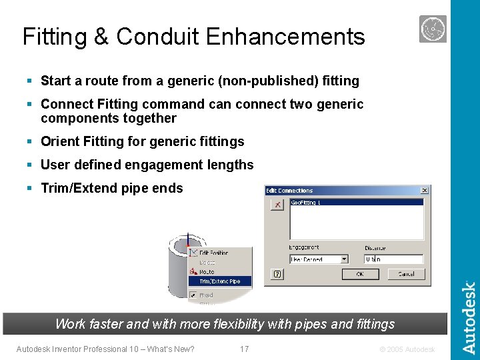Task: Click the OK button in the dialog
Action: click(x=360, y=274)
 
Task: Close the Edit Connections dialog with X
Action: click(x=424, y=191)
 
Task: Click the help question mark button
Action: click(x=277, y=274)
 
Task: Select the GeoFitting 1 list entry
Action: click(x=307, y=203)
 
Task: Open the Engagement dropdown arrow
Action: click(x=344, y=259)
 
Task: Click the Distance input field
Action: click(x=393, y=259)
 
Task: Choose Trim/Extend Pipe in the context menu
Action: click(x=219, y=281)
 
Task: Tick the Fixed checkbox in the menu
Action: click(x=193, y=295)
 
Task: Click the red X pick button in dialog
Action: click(x=277, y=205)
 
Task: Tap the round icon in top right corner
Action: click(x=433, y=29)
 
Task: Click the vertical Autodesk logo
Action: click(x=469, y=318)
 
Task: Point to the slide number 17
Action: click(x=244, y=349)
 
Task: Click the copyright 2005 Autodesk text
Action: click(x=406, y=349)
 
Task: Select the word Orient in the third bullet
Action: click(x=58, y=141)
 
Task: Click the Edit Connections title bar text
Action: click(x=289, y=191)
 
